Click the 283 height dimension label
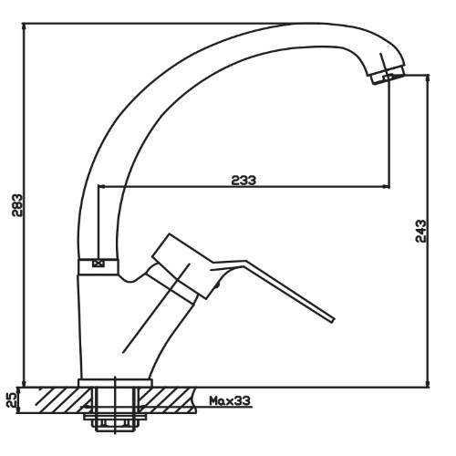tap(17, 205)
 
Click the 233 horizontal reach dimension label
tap(244, 180)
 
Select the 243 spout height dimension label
tap(420, 231)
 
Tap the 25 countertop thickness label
tap(11, 400)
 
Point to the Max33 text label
tap(230, 400)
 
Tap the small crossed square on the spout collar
tap(98, 264)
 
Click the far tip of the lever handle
tap(333, 319)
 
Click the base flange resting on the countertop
tap(115, 382)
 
